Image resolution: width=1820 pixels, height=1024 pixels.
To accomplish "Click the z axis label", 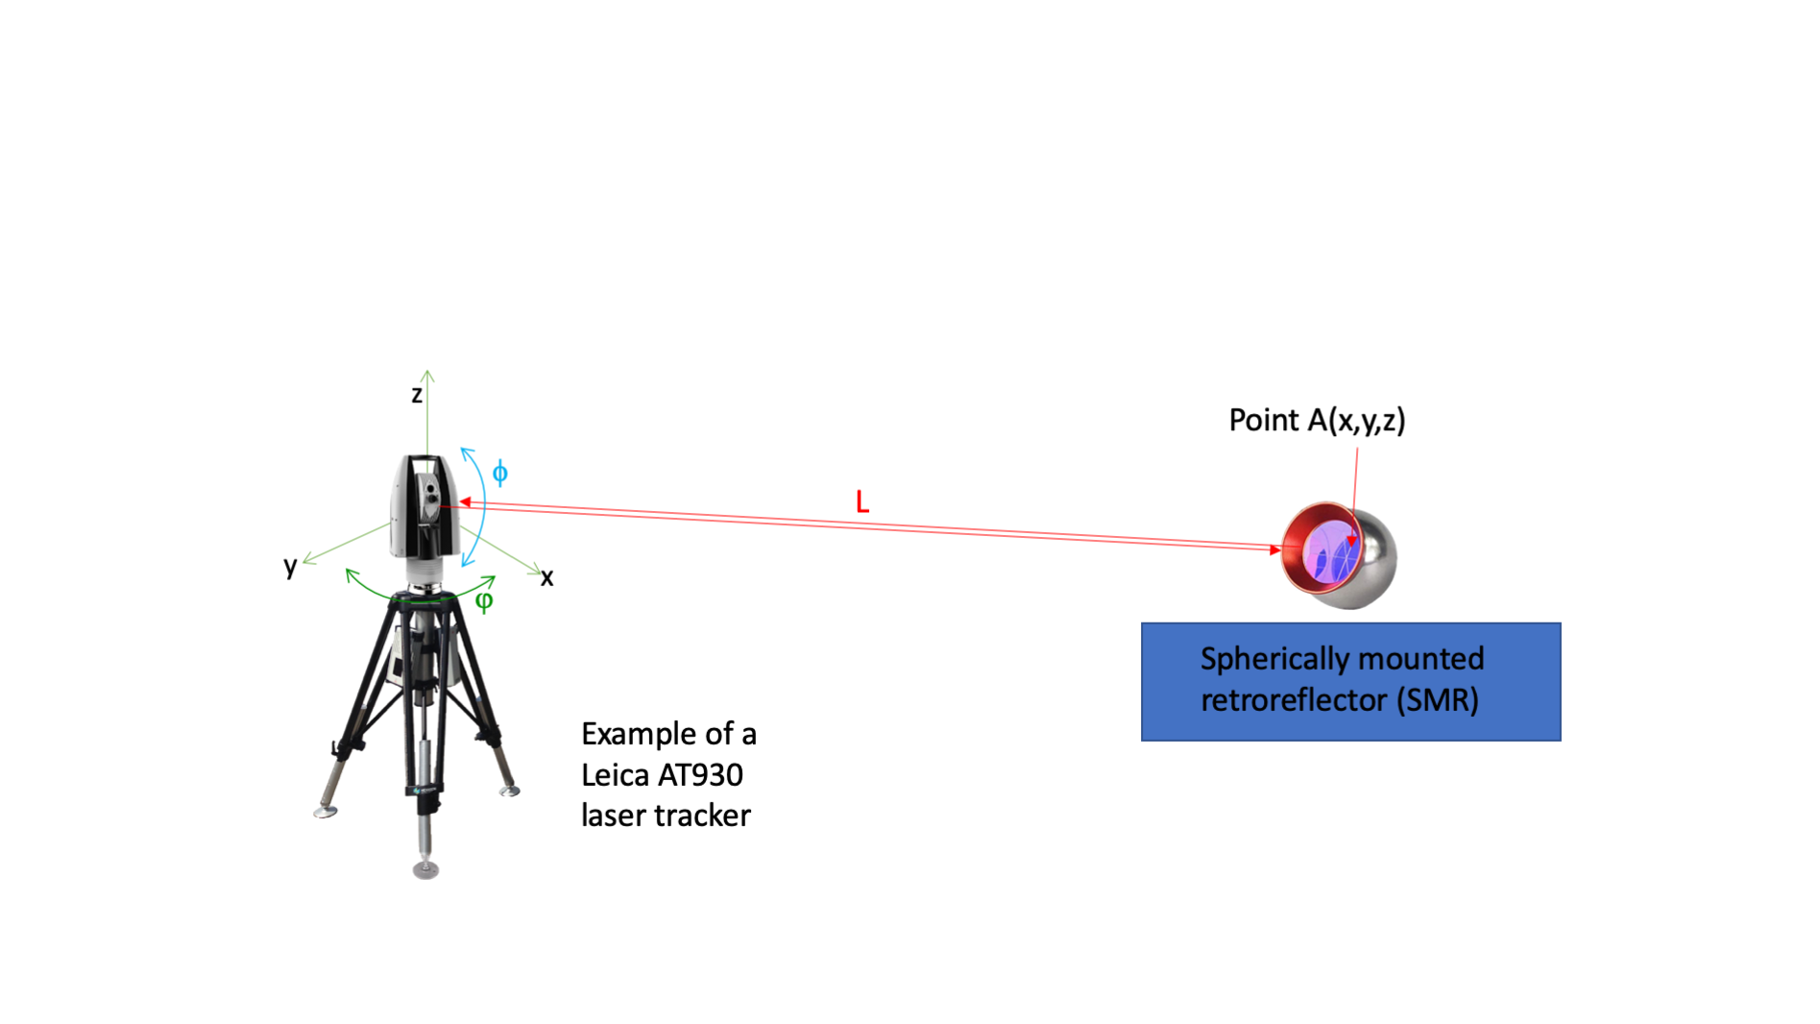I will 417,394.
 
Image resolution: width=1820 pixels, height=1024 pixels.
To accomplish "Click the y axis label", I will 290,565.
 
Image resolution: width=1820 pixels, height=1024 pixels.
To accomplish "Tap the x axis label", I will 546,577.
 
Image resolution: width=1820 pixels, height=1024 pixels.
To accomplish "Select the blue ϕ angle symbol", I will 499,473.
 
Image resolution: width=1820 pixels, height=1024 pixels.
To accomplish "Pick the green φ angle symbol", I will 484,600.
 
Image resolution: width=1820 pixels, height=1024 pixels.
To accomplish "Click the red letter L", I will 862,501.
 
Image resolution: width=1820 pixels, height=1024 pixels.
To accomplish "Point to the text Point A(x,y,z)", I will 1317,420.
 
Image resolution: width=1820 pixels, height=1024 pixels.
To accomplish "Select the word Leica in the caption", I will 614,774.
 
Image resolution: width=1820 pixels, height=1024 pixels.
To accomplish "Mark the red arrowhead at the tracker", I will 464,501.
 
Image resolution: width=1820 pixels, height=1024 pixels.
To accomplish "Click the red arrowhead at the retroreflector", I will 1275,549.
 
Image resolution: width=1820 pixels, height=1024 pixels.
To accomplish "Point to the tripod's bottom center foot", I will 425,870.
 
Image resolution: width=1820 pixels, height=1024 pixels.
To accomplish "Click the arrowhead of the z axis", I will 427,375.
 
